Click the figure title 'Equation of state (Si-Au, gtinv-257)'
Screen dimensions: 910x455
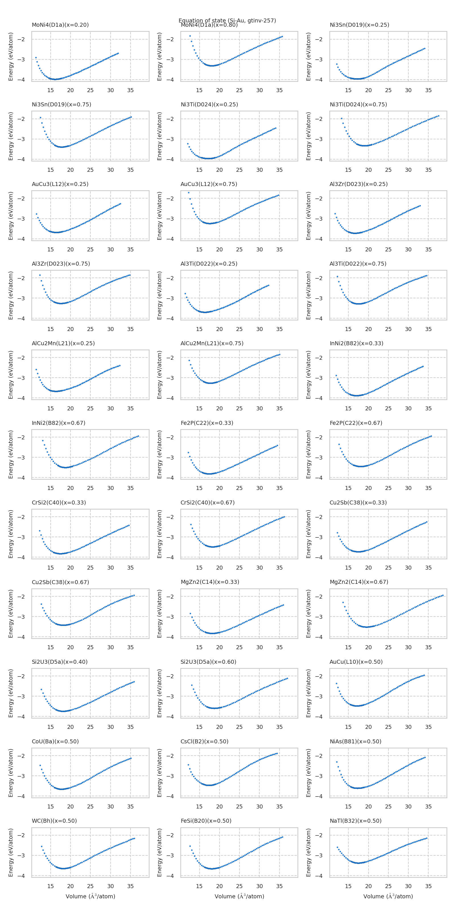coord(227,20)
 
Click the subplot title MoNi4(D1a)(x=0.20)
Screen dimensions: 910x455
coord(60,25)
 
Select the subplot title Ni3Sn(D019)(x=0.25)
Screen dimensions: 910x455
coord(359,25)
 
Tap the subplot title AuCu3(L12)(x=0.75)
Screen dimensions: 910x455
coord(209,184)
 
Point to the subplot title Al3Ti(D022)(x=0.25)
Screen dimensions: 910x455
coord(209,264)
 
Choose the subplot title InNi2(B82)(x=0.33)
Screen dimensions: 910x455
coord(356,343)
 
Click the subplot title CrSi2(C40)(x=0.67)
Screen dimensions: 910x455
coord(207,502)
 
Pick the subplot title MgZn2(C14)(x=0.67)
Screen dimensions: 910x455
coord(359,582)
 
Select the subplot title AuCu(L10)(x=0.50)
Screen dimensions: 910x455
coord(356,662)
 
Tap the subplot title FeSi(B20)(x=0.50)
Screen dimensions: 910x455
coord(206,821)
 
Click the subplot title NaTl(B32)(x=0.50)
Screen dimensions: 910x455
coord(356,821)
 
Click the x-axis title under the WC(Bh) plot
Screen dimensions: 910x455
coord(90,896)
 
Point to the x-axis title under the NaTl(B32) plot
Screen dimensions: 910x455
coord(388,896)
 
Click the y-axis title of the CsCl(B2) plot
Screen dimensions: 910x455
coord(160,773)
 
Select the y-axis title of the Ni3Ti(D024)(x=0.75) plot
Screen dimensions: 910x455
coord(308,136)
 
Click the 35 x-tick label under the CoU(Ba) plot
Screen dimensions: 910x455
coord(130,806)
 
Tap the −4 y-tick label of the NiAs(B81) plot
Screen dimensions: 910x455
coord(318,796)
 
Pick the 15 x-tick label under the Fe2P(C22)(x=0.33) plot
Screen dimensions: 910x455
coord(199,488)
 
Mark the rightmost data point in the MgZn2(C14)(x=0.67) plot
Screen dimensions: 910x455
coord(443,595)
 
